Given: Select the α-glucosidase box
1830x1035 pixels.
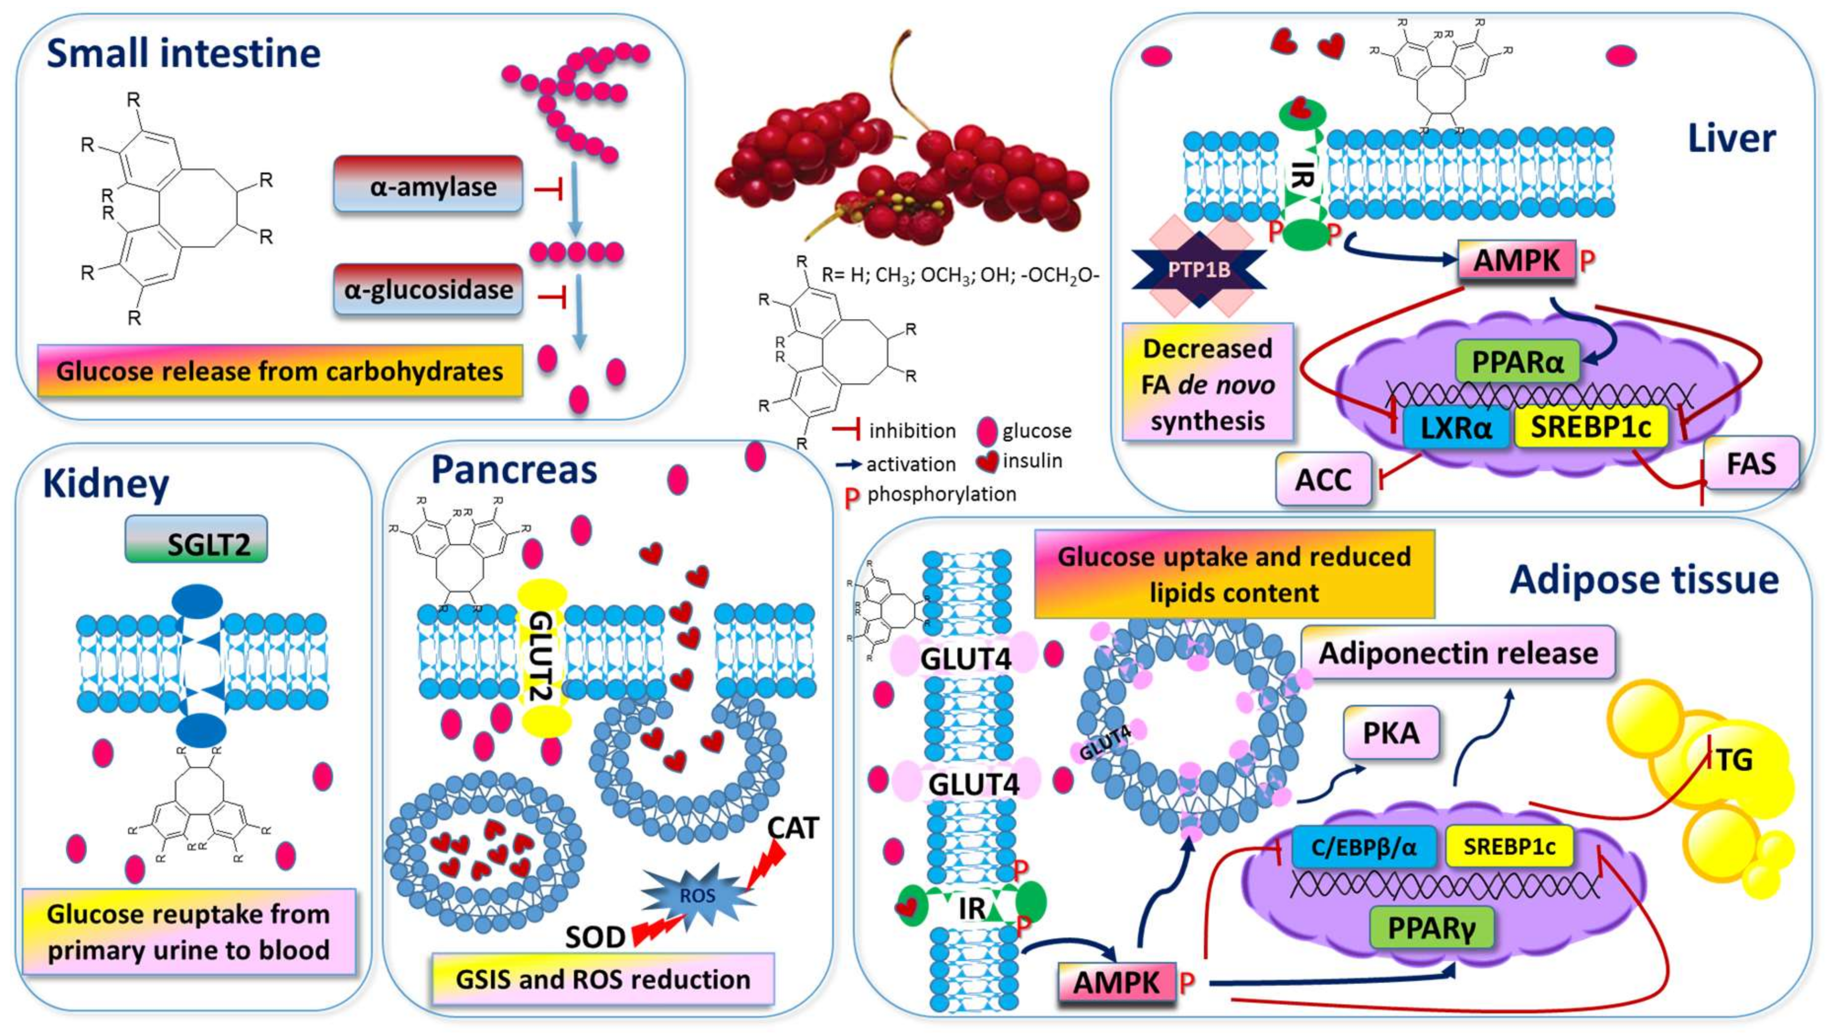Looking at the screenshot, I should click(x=428, y=289).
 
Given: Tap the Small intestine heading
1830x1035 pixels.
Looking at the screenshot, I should click(x=183, y=54).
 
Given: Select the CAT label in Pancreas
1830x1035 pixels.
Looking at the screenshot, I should click(x=793, y=828).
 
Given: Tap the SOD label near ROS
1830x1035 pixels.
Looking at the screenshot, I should click(x=595, y=937).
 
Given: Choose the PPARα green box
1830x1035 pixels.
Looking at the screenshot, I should click(x=1517, y=362).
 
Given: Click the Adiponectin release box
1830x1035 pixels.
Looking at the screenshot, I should click(x=1457, y=653).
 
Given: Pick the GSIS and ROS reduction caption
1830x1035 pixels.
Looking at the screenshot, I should click(x=602, y=979).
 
